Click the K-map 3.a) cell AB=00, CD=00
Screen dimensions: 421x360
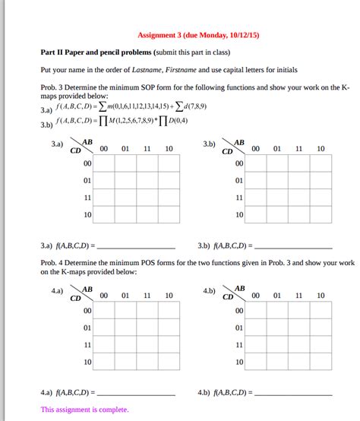click(104, 163)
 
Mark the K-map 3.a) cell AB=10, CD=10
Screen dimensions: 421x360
click(169, 215)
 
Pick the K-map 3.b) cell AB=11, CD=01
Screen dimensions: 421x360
click(299, 181)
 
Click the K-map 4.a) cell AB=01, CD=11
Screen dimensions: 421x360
click(126, 345)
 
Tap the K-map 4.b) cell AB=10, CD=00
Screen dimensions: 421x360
click(321, 311)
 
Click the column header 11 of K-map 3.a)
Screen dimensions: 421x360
click(147, 149)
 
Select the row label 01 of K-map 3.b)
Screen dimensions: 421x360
click(239, 181)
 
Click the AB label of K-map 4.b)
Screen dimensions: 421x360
click(240, 290)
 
